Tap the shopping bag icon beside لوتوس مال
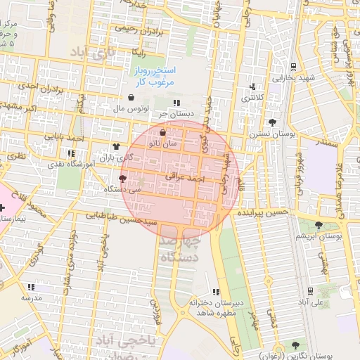(132, 98)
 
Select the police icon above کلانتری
(252, 86)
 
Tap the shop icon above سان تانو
(163, 132)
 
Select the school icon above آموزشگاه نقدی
(70, 153)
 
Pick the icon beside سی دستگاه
(124, 179)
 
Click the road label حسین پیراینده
(263, 211)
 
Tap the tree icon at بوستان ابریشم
(319, 226)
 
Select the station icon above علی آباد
(310, 290)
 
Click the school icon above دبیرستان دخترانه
(217, 291)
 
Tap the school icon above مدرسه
(30, 287)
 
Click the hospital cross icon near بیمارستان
(4, 209)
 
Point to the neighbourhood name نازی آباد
(91, 52)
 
